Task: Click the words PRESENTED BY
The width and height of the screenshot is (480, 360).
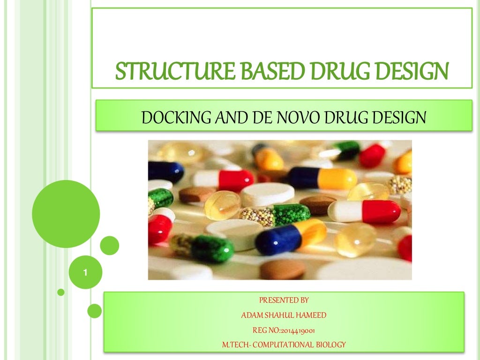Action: (284, 300)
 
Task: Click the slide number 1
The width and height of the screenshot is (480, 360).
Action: (86, 272)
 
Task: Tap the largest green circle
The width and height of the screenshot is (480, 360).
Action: (66, 214)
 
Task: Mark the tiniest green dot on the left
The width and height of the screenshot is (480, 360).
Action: (61, 292)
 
